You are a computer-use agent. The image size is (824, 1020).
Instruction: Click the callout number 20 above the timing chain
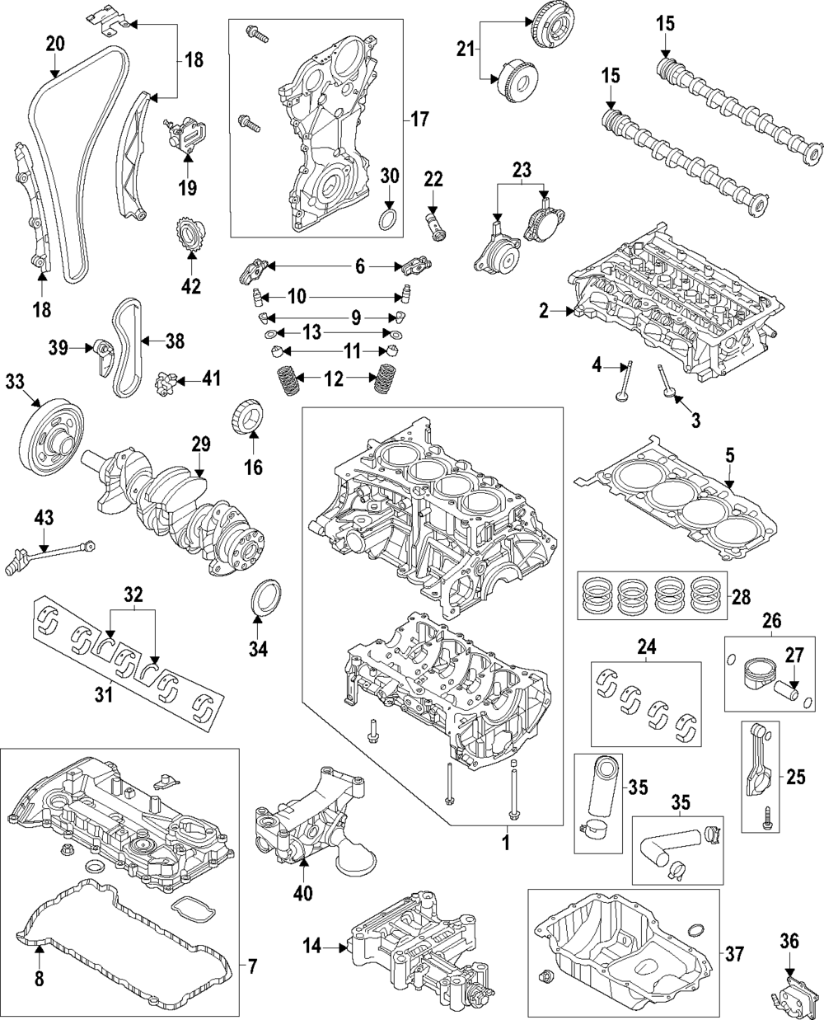55,44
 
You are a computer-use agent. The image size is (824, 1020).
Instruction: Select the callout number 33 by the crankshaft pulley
14,382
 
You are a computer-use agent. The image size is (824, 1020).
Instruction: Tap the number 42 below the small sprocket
191,286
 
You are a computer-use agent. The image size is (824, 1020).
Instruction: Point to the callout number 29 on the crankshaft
201,444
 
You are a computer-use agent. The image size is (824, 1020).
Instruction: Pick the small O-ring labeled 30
388,219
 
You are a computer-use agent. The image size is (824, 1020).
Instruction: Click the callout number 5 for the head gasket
729,455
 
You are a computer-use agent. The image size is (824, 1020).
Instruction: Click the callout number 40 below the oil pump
303,893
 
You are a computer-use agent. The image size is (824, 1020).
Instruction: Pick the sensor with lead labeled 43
48,556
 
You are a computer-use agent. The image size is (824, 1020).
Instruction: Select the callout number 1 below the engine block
507,843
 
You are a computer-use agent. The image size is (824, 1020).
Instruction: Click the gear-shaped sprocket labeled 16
250,416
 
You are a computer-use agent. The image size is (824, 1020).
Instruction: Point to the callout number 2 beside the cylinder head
544,311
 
